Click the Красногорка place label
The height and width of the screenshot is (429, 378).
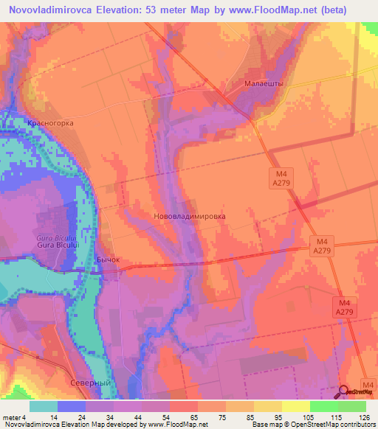(50, 123)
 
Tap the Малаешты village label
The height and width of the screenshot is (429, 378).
(264, 85)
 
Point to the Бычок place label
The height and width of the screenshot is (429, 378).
(107, 260)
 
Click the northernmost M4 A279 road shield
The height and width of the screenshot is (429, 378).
(277, 177)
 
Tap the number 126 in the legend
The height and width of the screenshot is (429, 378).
(362, 417)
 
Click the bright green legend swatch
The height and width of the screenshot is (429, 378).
(323, 406)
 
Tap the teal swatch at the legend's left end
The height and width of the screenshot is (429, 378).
(44, 406)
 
